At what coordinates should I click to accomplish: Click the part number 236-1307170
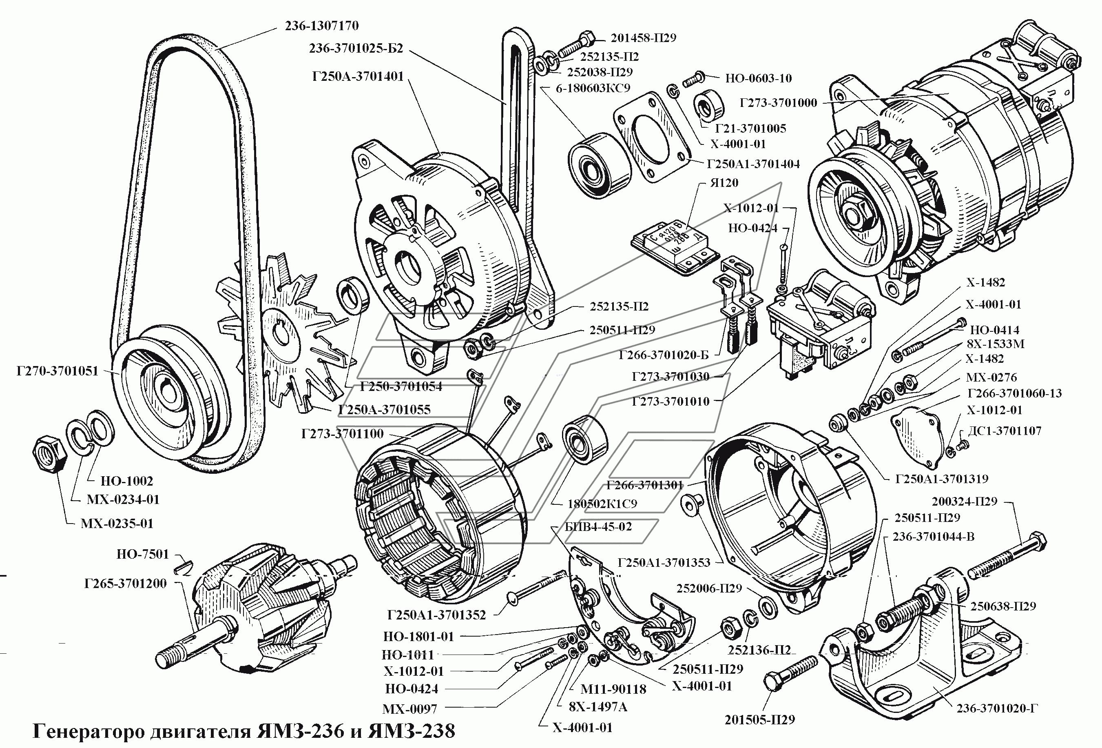pos(321,26)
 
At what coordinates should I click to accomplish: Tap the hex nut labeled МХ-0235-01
pos(49,454)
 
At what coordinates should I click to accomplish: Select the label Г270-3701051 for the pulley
pos(58,371)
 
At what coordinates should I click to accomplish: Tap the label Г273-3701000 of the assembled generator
pos(778,102)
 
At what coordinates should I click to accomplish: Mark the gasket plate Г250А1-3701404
pos(652,142)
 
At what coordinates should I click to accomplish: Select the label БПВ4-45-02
pos(598,526)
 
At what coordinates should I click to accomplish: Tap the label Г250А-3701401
pos(358,76)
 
